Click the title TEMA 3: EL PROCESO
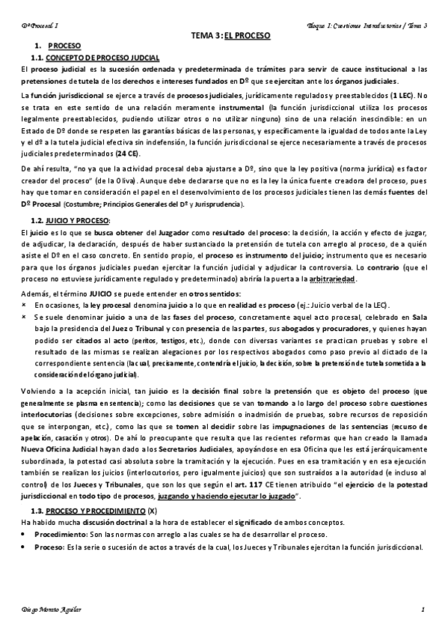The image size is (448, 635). [x=230, y=35]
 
